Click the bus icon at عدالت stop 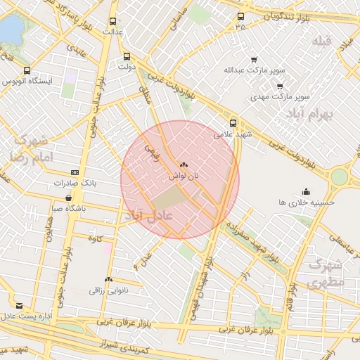click(x=117, y=20)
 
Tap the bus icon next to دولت click(x=127, y=57)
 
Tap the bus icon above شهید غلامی click(x=233, y=122)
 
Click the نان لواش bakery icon click(x=184, y=164)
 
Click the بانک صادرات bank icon click(x=75, y=172)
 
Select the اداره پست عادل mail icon click(x=19, y=306)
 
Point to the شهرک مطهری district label click(x=325, y=274)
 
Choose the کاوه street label click(x=95, y=239)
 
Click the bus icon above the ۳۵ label click(x=241, y=16)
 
